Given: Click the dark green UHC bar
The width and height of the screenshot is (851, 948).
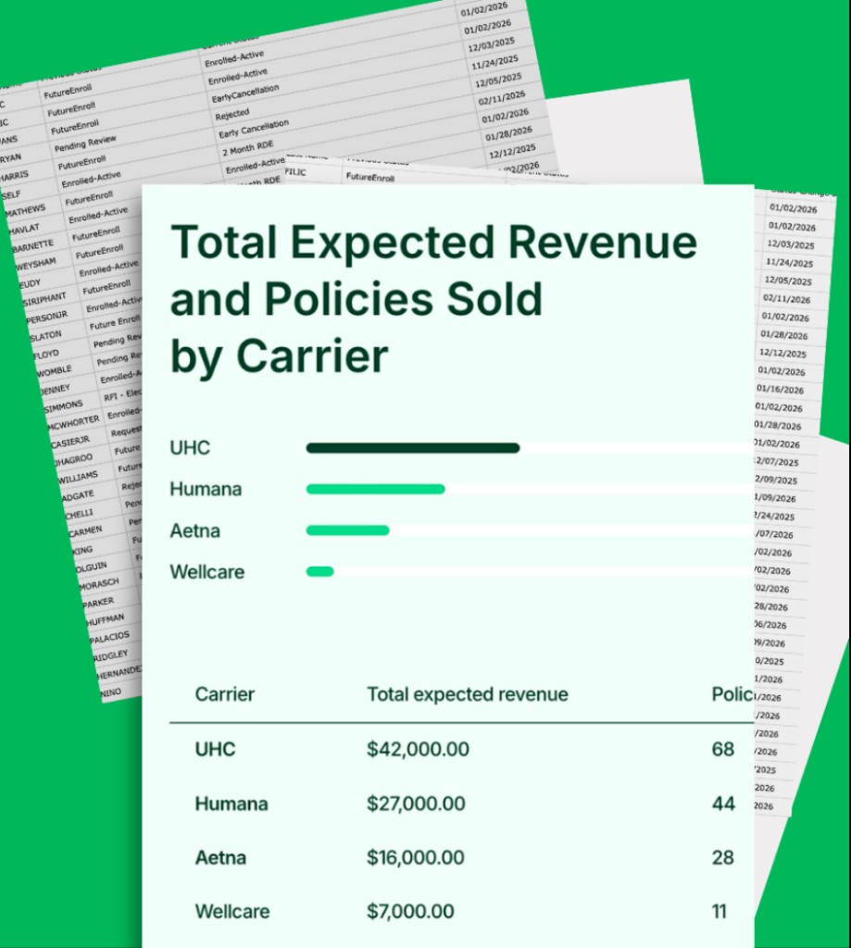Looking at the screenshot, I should click(x=412, y=448).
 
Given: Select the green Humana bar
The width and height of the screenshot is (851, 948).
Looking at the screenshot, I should click(x=375, y=489).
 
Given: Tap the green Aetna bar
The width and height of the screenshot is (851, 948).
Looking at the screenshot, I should click(x=347, y=530).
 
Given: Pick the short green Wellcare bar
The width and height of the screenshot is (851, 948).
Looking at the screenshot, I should click(x=319, y=571).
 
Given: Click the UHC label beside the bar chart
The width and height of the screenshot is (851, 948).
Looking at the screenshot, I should click(x=190, y=448).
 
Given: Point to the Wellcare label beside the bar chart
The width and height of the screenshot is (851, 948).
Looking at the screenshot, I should click(x=206, y=571).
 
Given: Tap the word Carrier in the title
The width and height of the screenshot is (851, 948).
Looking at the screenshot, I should click(x=311, y=355).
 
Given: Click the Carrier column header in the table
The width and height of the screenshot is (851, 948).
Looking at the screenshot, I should click(x=224, y=694).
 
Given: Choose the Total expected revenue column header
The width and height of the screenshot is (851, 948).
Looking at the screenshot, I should click(x=468, y=694).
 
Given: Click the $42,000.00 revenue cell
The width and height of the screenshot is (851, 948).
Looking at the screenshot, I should click(x=418, y=749).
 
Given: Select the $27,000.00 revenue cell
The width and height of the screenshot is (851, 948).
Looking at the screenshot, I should click(x=418, y=804).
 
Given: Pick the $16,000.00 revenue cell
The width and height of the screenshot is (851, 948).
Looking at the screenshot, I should click(x=416, y=858).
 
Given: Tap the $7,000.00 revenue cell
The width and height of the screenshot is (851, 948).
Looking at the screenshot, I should click(x=410, y=912).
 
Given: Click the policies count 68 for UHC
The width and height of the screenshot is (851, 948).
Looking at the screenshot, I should click(x=723, y=749).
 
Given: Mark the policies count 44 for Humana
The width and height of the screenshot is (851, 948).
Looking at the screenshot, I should click(x=723, y=804).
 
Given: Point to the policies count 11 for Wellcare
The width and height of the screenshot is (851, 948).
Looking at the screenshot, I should click(x=720, y=912).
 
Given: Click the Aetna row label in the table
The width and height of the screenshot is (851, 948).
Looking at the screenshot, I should click(x=220, y=858).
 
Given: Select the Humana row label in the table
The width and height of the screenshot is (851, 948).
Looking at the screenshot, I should click(x=232, y=804).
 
